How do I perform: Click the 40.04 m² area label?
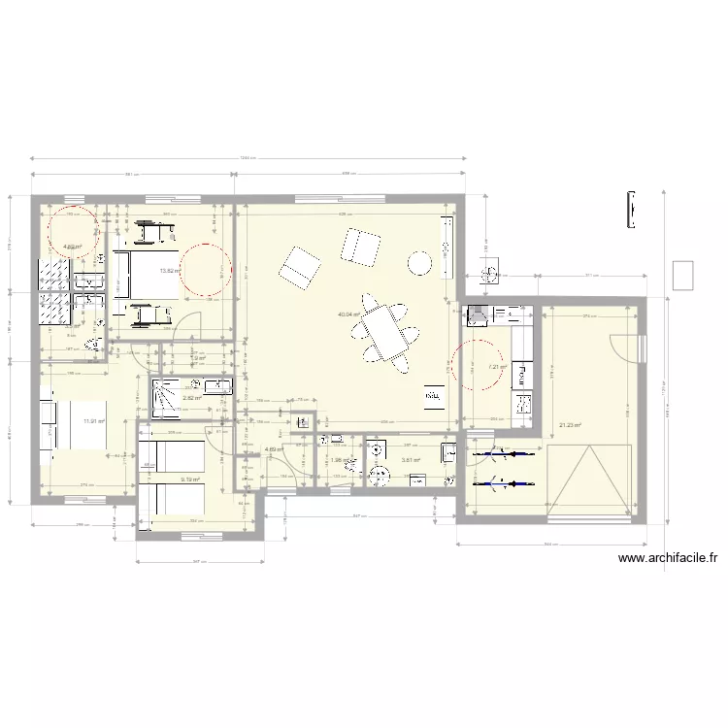point(348,314)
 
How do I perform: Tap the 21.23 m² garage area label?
point(570,423)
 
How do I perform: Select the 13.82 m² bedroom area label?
point(169,271)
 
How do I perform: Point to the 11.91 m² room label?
point(94,420)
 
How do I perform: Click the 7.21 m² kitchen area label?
point(497,367)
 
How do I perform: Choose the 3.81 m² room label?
point(409,460)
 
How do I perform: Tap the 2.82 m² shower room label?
point(191,397)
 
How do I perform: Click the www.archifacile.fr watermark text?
point(667,558)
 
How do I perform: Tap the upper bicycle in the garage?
point(503,453)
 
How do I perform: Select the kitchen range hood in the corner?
point(478,314)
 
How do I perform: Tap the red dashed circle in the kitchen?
point(482,364)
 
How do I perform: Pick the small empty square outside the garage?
point(683,275)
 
